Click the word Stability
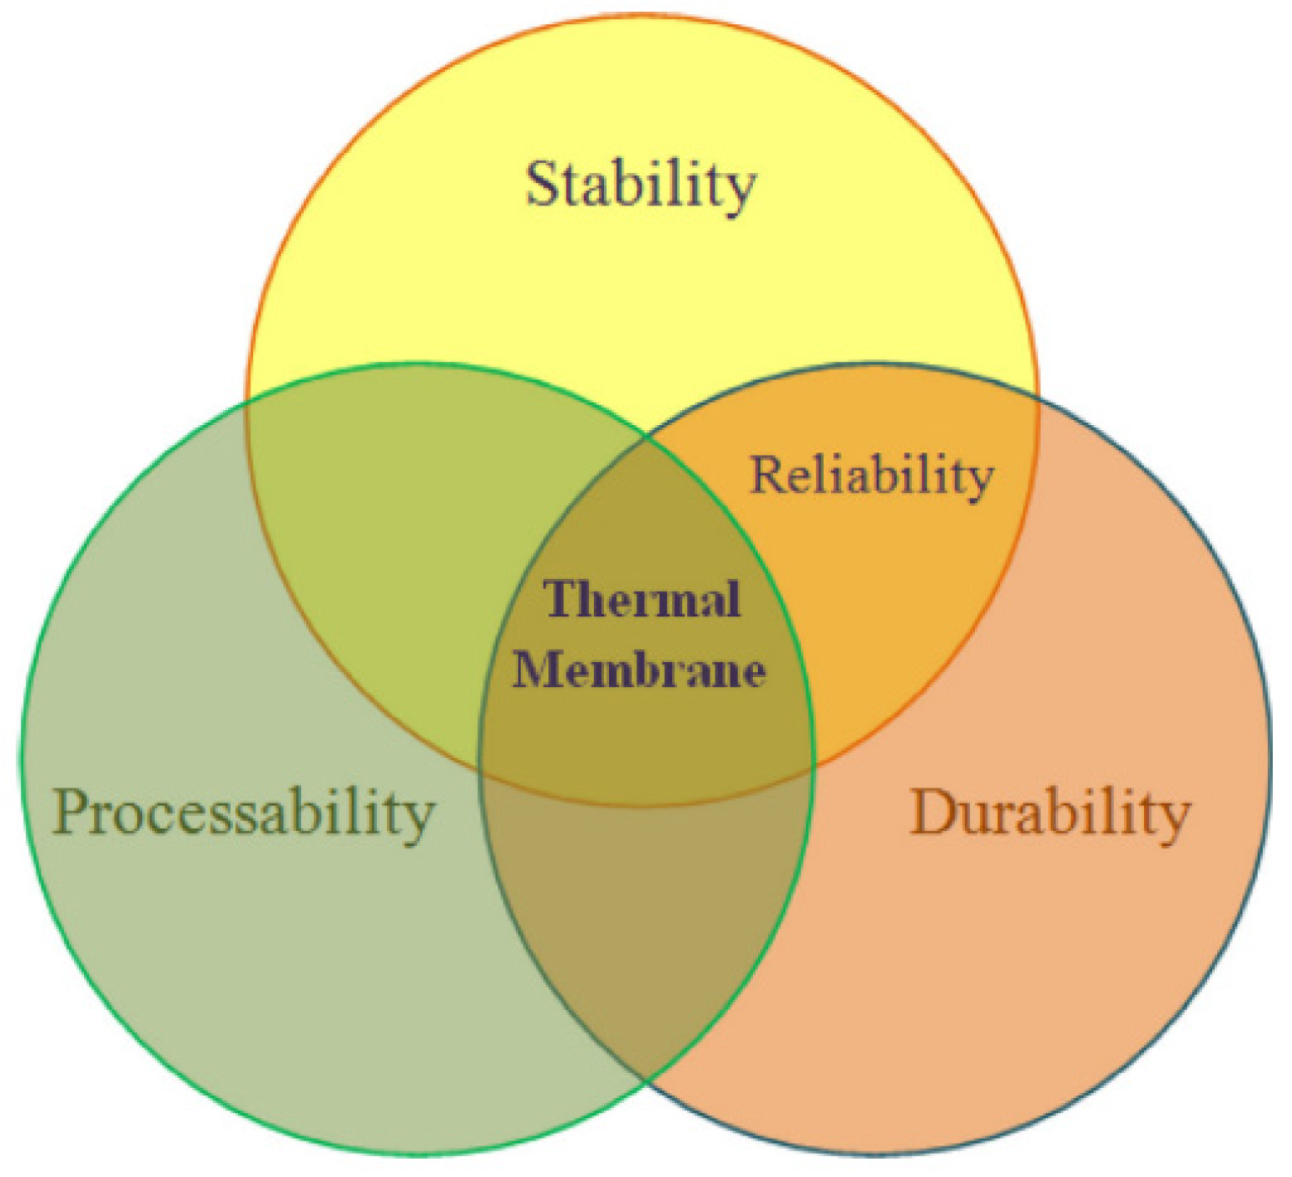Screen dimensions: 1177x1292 (x=641, y=185)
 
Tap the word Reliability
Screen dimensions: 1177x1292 (x=872, y=476)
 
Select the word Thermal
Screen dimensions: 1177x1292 (x=641, y=599)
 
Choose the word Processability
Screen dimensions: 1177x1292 (x=243, y=814)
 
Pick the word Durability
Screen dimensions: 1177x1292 (x=1050, y=813)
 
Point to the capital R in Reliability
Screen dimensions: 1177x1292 (x=766, y=475)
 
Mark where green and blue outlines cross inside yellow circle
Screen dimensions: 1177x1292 (x=646, y=433)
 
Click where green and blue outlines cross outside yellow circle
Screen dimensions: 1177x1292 (x=646, y=1081)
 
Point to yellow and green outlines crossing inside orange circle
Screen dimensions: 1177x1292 (x=814, y=764)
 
